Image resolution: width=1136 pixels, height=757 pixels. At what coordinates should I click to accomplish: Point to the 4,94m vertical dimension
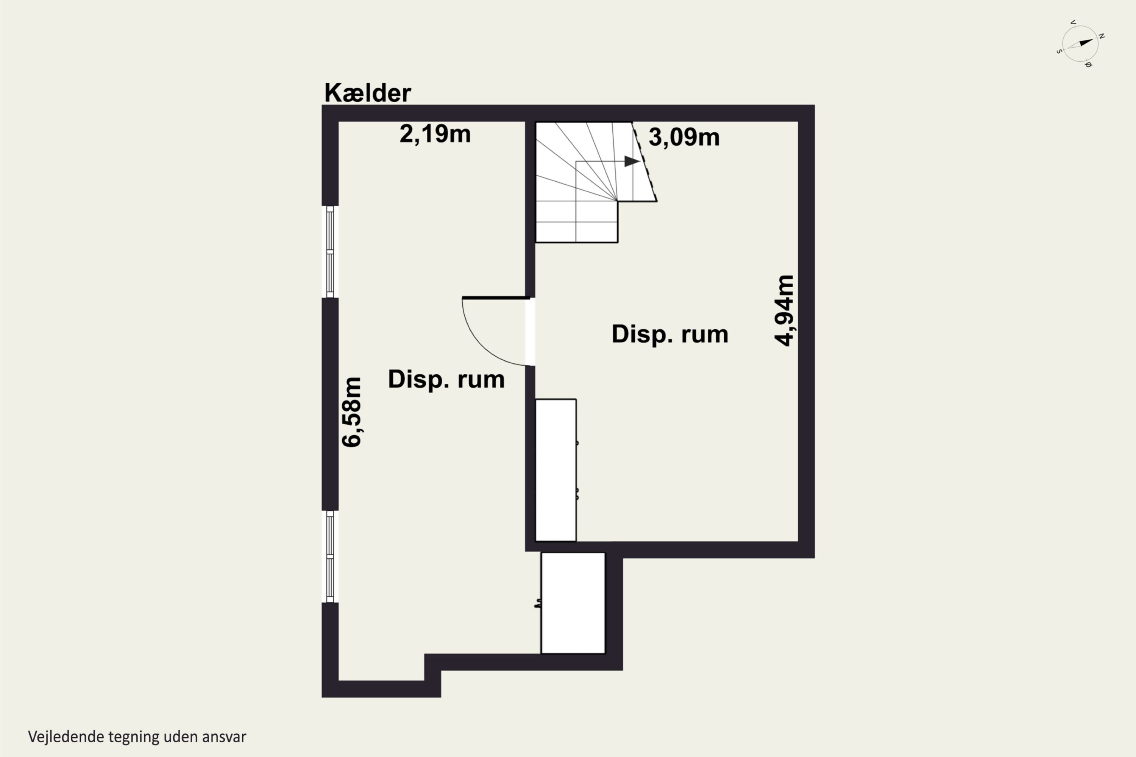click(x=784, y=310)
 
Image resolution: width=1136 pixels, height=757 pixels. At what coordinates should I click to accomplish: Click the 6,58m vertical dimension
click(x=352, y=412)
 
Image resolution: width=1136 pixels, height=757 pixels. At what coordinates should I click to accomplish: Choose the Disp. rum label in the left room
click(x=446, y=380)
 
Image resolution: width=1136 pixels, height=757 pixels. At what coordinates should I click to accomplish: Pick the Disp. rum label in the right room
click(x=670, y=335)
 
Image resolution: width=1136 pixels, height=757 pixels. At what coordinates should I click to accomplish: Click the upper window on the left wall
click(x=330, y=252)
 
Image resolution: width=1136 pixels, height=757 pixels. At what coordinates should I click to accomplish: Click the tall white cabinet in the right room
click(x=556, y=470)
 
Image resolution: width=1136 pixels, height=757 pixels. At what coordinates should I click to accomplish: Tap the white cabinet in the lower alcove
click(x=573, y=603)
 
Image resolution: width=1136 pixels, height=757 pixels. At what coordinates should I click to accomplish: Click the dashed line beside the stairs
click(x=644, y=161)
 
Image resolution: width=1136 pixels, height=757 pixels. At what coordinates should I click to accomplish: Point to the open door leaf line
click(x=496, y=298)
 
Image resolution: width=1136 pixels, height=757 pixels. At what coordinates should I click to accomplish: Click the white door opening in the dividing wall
click(x=531, y=332)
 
